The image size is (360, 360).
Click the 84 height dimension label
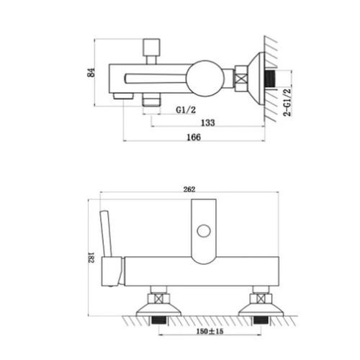click(x=91, y=73)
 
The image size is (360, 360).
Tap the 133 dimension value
click(x=208, y=122)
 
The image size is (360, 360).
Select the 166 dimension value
click(x=194, y=138)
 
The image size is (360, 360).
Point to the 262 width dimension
click(x=189, y=189)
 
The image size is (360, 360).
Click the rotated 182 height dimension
click(x=92, y=258)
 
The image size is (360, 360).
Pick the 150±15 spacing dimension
click(x=210, y=331)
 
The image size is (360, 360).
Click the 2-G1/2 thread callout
click(x=287, y=102)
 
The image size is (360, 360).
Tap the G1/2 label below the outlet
click(x=186, y=110)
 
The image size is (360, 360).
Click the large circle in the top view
click(x=205, y=79)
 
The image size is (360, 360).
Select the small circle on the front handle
click(x=204, y=231)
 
